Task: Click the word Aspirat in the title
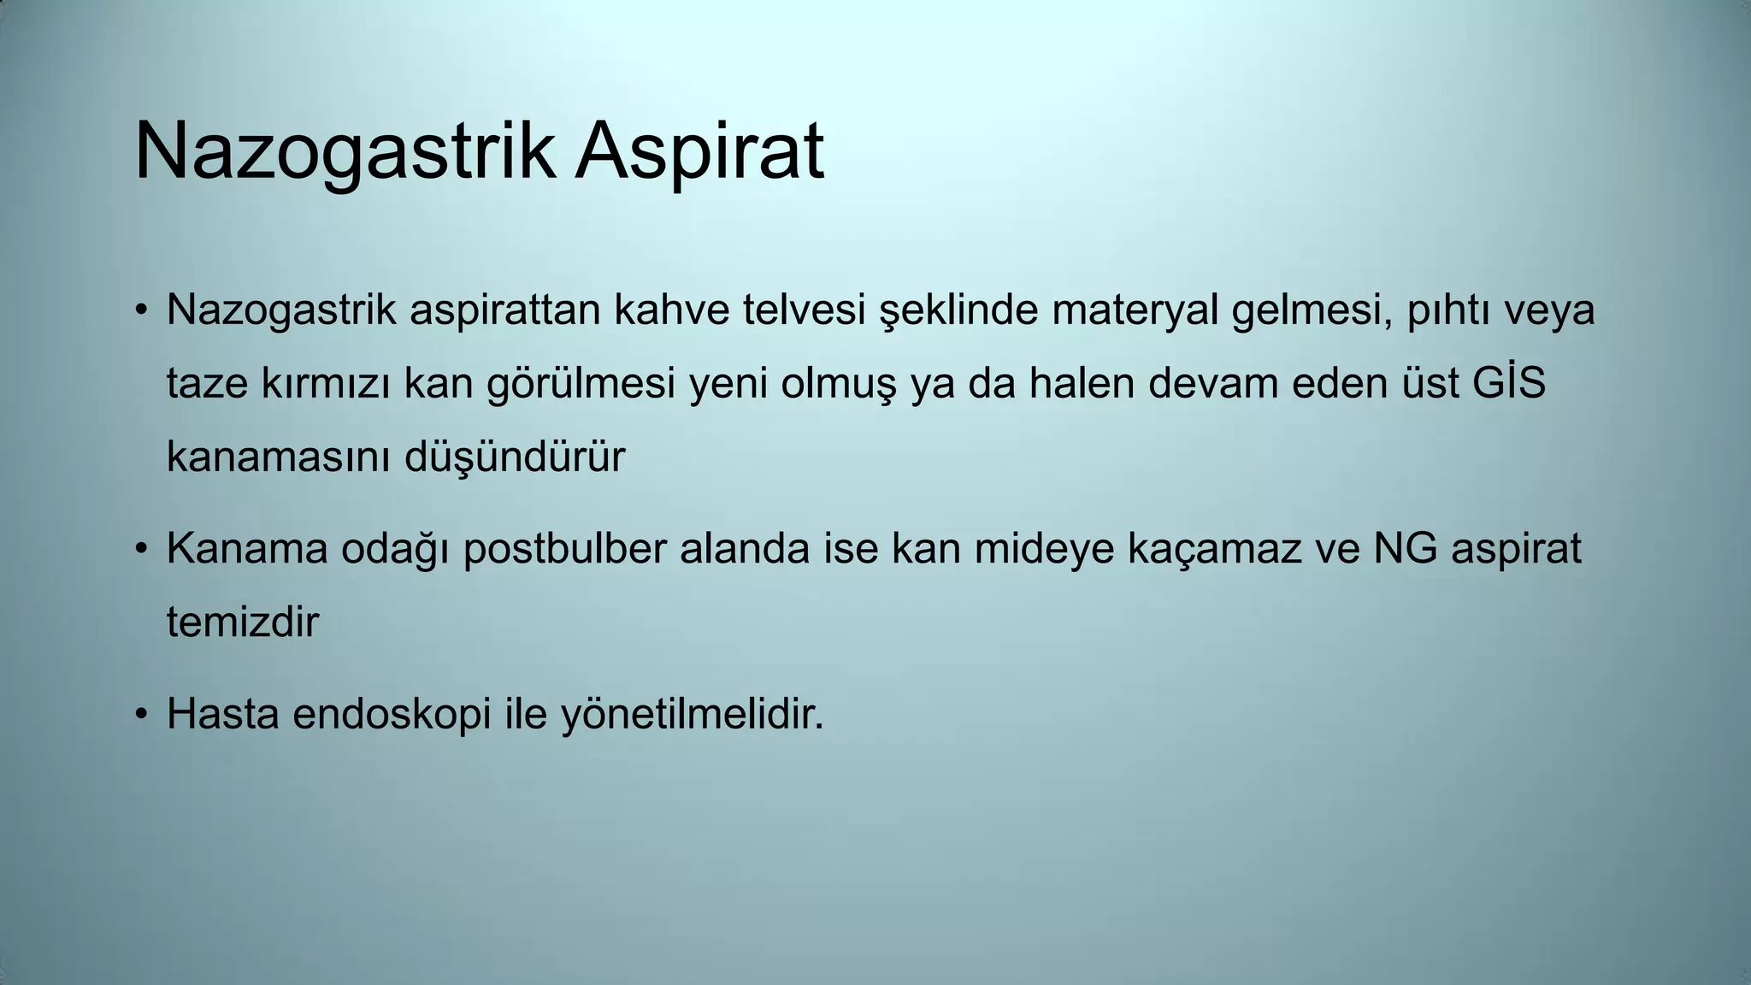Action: click(x=699, y=152)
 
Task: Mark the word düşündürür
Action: click(x=514, y=457)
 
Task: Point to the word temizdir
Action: click(x=242, y=622)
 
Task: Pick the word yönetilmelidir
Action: click(x=693, y=713)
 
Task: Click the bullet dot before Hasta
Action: click(x=142, y=714)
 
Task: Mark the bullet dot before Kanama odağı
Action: click(x=142, y=549)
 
